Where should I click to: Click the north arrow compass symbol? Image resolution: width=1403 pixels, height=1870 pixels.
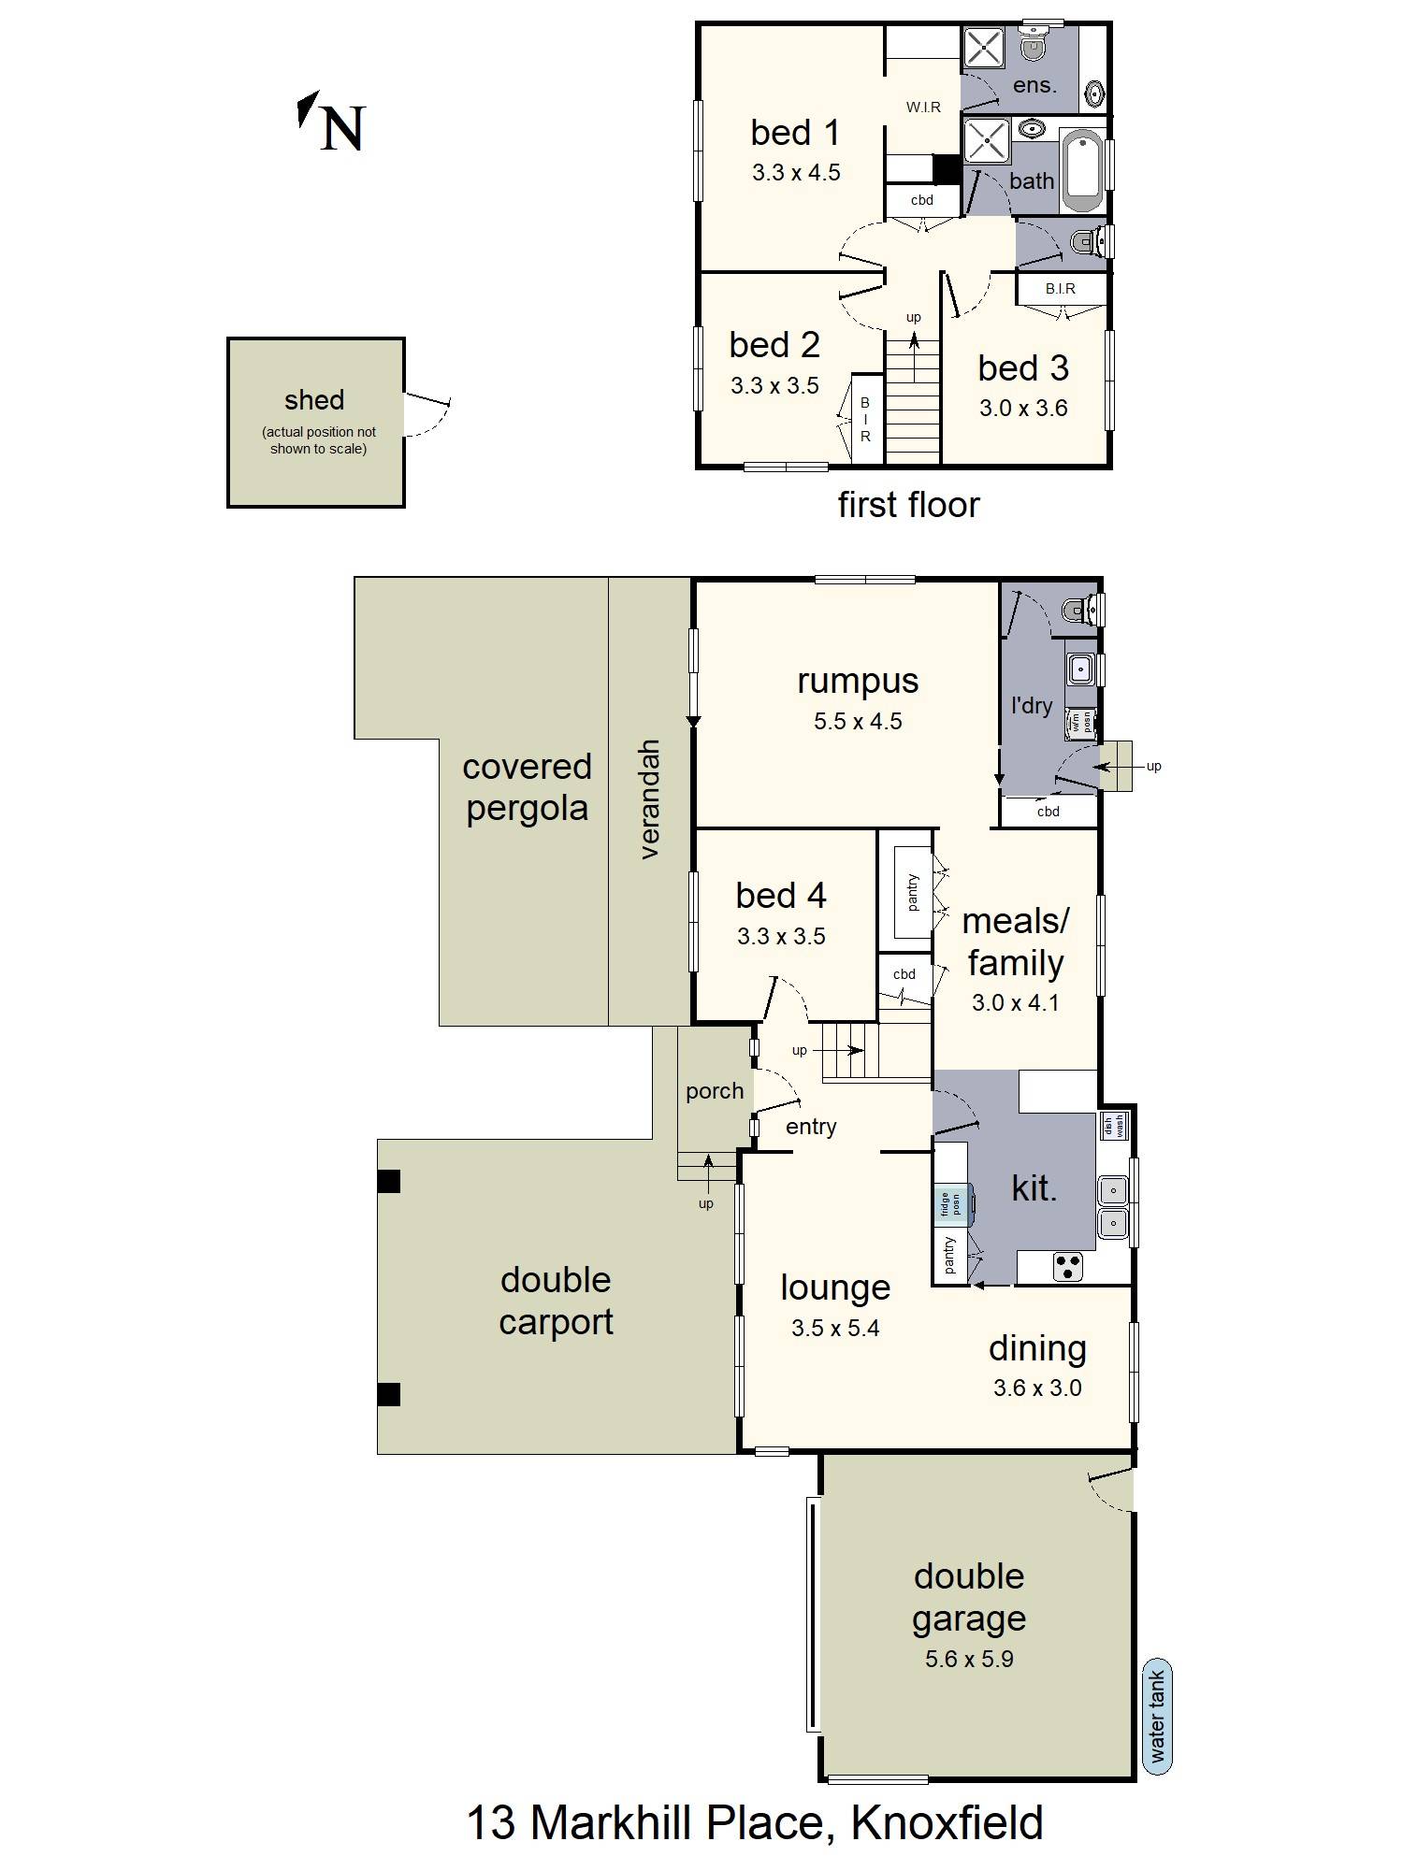click(x=332, y=123)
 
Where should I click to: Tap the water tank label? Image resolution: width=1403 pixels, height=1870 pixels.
click(x=1157, y=1718)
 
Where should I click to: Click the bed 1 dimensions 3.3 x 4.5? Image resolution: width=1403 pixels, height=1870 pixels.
click(x=796, y=173)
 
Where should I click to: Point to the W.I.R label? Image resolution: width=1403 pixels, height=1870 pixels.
click(x=922, y=108)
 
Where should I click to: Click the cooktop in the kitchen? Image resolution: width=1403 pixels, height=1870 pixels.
click(x=1067, y=1267)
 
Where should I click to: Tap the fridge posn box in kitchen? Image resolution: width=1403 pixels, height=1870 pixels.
click(x=952, y=1204)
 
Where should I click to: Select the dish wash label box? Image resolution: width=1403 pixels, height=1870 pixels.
click(x=1113, y=1126)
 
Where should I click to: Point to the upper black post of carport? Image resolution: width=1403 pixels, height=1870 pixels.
click(x=388, y=1181)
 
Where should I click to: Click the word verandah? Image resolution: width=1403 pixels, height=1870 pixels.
click(x=650, y=799)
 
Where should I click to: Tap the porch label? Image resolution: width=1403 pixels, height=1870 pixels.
click(x=715, y=1091)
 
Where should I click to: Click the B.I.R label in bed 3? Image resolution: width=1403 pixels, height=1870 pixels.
click(x=1060, y=289)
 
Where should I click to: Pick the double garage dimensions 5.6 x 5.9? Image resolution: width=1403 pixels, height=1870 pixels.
click(x=969, y=1659)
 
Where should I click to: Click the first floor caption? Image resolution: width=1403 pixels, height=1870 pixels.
click(x=908, y=505)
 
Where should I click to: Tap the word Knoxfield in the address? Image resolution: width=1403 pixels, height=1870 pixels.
click(x=947, y=1823)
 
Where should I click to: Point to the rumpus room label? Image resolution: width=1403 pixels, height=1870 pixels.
click(x=857, y=681)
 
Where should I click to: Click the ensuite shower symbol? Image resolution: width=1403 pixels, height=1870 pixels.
click(x=984, y=47)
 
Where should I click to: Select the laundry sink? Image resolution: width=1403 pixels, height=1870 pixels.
click(x=1080, y=669)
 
